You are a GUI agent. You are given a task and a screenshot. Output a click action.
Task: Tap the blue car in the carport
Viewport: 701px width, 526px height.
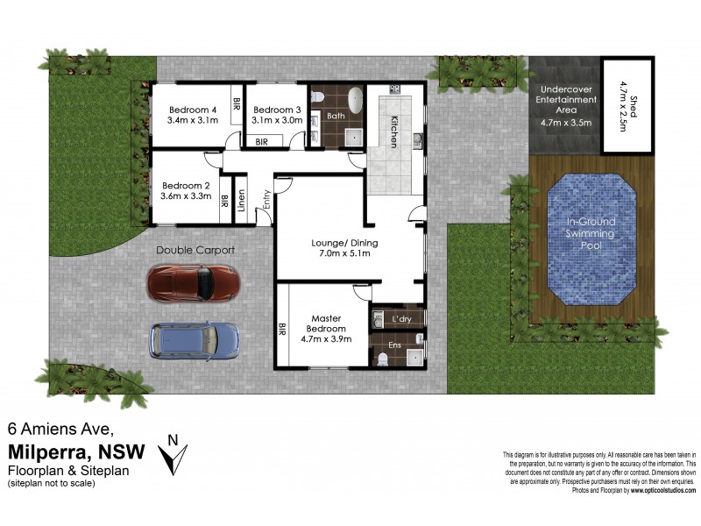coord(194,342)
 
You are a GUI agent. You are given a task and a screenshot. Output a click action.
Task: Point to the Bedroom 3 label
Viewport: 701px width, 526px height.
coord(277,115)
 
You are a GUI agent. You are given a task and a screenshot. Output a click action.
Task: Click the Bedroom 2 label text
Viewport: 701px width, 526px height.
coord(186,191)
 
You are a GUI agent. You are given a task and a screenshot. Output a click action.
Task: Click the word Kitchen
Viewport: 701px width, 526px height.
coord(394,131)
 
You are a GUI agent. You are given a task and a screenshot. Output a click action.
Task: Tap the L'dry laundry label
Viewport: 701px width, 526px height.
coord(402,318)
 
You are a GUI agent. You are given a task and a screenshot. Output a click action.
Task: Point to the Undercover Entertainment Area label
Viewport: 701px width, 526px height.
coord(564,106)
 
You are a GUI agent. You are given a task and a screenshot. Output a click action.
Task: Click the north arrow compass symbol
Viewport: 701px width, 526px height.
coord(174,451)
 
